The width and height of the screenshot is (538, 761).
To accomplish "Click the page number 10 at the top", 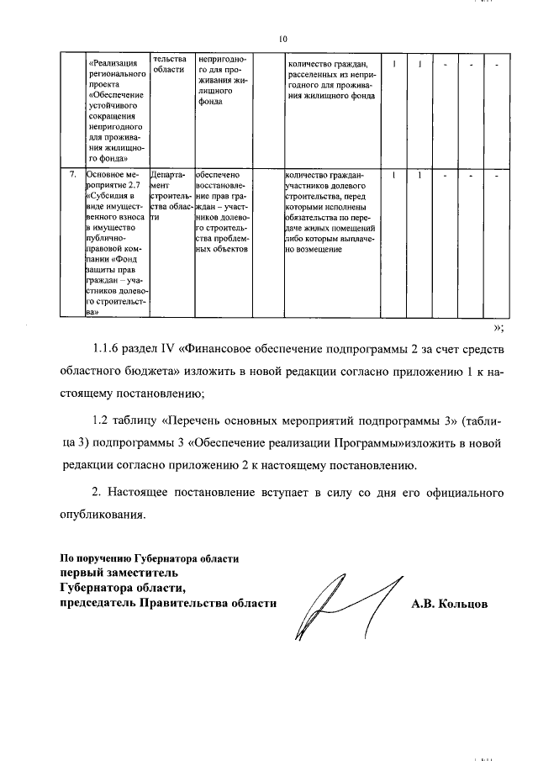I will pos(282,39).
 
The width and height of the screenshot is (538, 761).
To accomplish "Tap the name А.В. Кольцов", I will pos(449,604).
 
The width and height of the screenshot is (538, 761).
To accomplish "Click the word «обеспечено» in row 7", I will pos(218,175).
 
